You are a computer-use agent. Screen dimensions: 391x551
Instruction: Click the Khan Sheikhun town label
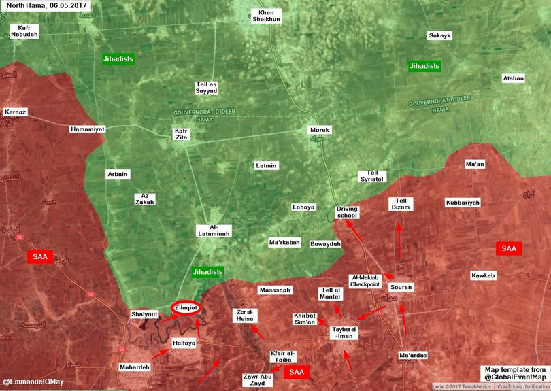pos(266,16)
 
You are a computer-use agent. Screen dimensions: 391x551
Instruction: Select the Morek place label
pos(319,129)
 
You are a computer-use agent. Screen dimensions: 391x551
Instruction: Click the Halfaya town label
pos(184,343)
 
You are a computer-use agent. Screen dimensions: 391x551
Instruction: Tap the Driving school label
pos(347,212)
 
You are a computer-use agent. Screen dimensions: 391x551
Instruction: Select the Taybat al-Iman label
pos(344,333)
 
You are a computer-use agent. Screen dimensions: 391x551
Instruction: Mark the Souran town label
pos(401,287)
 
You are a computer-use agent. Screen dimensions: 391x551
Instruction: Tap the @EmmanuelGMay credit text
pos(33,381)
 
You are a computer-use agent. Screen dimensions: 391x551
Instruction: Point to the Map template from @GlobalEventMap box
pos(515,373)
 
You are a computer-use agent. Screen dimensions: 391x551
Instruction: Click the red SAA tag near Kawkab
pos(508,249)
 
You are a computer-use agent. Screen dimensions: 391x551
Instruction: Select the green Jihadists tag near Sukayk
pos(424,66)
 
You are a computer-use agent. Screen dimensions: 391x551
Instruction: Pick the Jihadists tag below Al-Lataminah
pos(207,272)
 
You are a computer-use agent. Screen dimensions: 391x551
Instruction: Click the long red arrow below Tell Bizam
pos(399,241)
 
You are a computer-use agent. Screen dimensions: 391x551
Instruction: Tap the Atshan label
pos(514,78)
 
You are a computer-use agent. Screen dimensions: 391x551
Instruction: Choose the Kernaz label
pos(15,112)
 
